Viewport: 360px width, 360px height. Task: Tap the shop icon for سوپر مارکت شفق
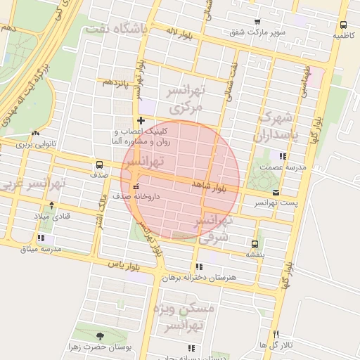pyautogui.click(x=257, y=22)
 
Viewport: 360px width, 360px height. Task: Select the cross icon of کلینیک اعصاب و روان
pyautogui.click(x=141, y=121)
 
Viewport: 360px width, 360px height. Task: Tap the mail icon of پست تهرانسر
pyautogui.click(x=275, y=192)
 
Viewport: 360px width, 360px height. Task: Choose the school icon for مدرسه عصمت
pyautogui.click(x=283, y=157)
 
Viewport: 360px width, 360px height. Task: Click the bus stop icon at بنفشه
pyautogui.click(x=254, y=245)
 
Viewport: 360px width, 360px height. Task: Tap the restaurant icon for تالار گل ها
pyautogui.click(x=277, y=335)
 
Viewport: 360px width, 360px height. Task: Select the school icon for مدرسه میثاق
pyautogui.click(x=41, y=238)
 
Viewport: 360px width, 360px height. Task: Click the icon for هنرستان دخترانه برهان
pyautogui.click(x=200, y=267)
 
